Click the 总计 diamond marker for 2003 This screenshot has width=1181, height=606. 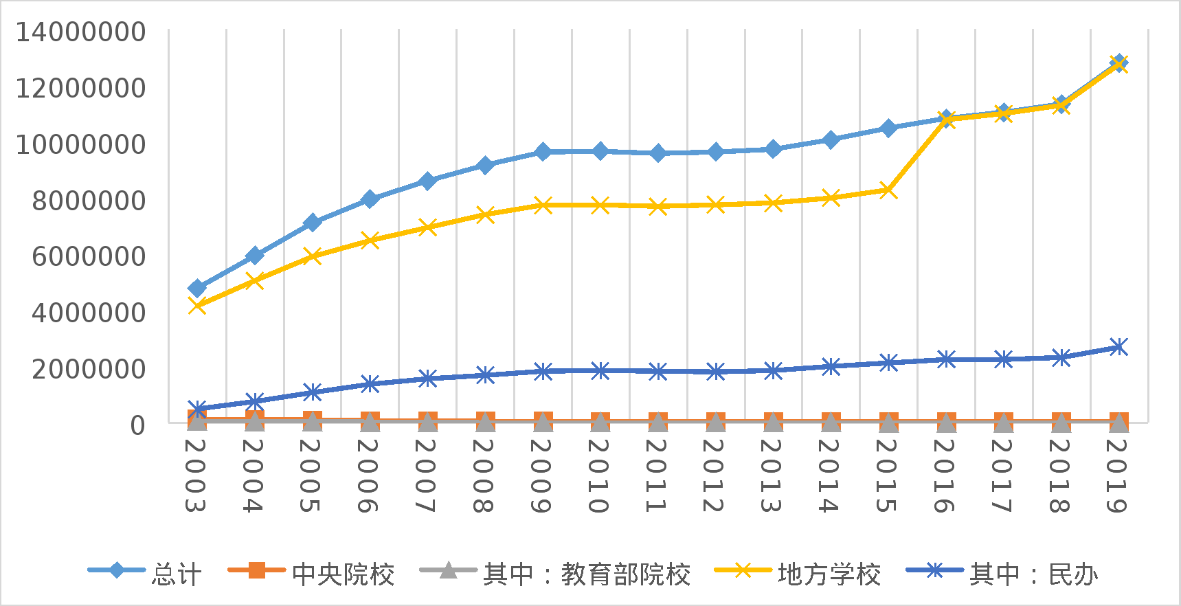tap(197, 288)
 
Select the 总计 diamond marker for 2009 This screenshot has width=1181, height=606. tap(543, 151)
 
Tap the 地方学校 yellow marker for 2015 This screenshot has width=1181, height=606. tap(888, 190)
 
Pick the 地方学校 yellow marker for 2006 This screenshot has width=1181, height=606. tap(370, 240)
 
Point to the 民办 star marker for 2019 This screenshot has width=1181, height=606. tap(1118, 347)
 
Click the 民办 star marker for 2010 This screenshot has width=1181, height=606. tap(600, 370)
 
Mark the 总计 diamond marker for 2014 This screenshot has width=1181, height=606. tap(831, 140)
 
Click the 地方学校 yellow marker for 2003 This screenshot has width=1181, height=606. tap(197, 305)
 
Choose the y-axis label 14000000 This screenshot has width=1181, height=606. tap(80, 32)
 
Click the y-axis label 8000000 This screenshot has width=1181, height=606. tap(89, 201)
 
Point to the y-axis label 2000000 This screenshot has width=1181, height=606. tap(89, 369)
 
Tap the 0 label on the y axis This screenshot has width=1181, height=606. tap(138, 425)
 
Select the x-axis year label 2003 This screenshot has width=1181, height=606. tap(196, 475)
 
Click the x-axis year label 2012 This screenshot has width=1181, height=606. tap(714, 475)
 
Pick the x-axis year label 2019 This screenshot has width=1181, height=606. tap(1117, 475)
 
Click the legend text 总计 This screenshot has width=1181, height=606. tap(177, 574)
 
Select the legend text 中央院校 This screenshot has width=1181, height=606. tap(344, 574)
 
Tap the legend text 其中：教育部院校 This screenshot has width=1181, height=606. tap(587, 574)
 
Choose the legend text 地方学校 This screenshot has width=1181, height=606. tap(829, 574)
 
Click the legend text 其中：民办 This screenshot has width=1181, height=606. tap(1033, 574)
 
